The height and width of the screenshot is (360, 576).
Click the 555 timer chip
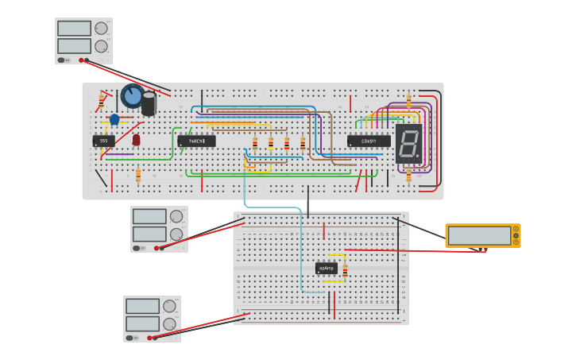(103, 141)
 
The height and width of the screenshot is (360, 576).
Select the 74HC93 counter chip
(196, 141)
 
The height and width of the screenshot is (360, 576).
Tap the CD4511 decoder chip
(369, 141)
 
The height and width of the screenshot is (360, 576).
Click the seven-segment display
(408, 144)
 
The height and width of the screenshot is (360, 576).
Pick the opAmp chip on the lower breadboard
(327, 269)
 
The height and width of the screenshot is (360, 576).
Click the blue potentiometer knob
(132, 96)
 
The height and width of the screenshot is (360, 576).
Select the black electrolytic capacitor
(149, 103)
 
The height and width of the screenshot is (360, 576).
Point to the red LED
(136, 140)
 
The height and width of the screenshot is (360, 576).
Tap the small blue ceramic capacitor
(114, 120)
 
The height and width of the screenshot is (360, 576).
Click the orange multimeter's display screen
(479, 235)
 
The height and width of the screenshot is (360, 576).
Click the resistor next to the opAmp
(345, 271)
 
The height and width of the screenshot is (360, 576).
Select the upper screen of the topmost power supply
(74, 29)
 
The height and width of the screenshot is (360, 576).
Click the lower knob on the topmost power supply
(101, 46)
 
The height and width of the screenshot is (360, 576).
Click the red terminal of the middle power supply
(161, 248)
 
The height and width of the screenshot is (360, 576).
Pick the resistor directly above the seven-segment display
(408, 101)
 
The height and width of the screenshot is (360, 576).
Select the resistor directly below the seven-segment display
(408, 176)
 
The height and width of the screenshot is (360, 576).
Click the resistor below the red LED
(138, 175)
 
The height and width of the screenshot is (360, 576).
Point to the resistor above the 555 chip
(102, 100)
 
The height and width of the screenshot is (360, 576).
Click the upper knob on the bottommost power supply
(169, 306)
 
